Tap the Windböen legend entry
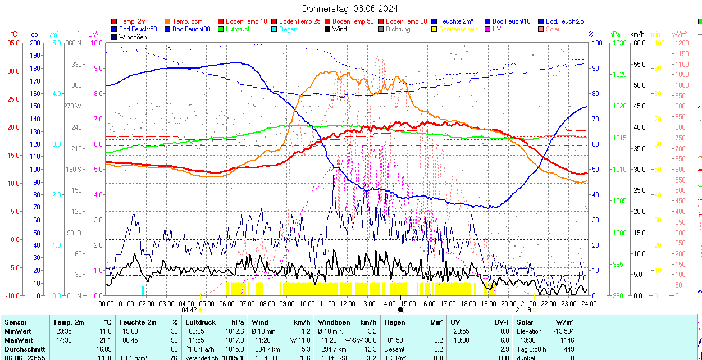133,37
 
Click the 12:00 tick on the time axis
347,304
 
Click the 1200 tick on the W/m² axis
680,43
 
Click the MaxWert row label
19,340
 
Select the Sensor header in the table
16,322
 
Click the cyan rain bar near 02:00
143,290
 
